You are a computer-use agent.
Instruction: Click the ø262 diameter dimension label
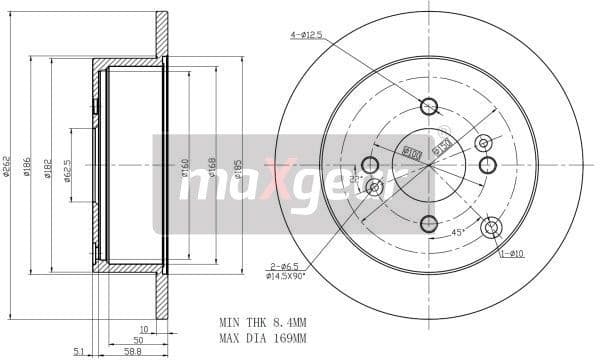(x=8, y=165)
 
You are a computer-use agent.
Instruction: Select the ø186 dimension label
(x=27, y=165)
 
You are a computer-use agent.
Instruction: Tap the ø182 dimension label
(x=48, y=165)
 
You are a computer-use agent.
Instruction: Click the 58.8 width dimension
(x=130, y=351)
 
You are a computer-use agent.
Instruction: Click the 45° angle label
(x=457, y=234)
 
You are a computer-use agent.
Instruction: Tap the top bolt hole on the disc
(x=429, y=106)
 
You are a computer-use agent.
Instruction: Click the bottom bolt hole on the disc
(x=429, y=224)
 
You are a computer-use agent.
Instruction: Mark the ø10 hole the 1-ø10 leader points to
(x=490, y=228)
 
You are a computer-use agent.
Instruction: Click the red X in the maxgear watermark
(x=271, y=183)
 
